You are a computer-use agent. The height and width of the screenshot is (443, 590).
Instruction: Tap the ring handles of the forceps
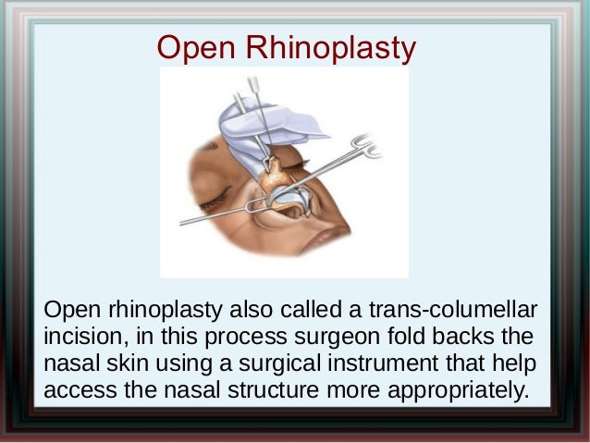pos(365,146)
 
